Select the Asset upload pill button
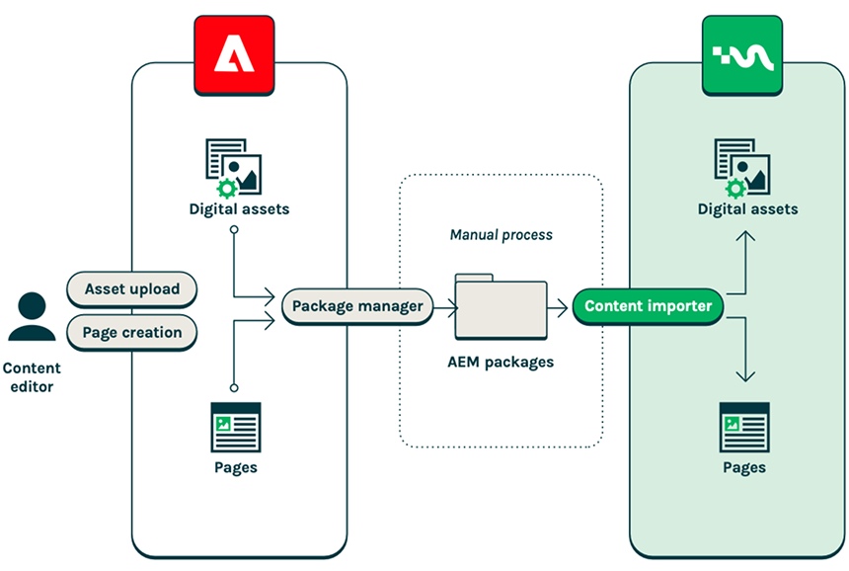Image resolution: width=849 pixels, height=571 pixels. [132, 289]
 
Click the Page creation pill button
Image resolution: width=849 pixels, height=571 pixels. [132, 333]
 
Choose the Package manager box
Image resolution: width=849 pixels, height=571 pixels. [357, 306]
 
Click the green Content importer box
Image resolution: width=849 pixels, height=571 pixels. [648, 306]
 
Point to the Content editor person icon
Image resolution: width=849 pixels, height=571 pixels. [32, 318]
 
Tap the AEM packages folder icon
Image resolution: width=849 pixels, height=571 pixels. [502, 307]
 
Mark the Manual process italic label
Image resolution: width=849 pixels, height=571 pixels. [502, 235]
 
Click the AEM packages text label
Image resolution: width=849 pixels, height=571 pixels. [502, 363]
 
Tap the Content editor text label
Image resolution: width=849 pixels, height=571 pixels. [32, 377]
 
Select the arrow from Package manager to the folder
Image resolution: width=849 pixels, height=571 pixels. [442, 307]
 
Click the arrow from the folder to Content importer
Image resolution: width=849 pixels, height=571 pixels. [560, 307]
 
